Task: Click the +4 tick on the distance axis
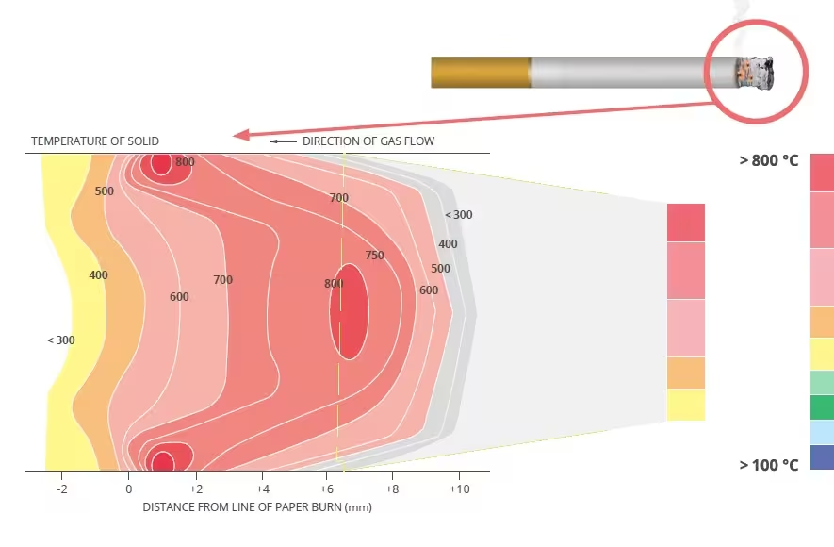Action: pos(262,489)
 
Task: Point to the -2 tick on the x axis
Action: pos(62,489)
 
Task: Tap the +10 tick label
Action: pos(459,489)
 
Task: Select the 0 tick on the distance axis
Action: pos(128,489)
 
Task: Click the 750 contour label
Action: pos(374,256)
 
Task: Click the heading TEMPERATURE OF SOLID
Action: pos(95,141)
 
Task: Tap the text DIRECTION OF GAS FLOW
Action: pos(368,141)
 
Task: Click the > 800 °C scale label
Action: pos(768,160)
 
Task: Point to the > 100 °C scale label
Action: pos(768,465)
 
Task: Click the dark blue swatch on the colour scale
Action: pos(822,457)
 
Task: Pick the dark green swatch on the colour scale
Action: pos(822,407)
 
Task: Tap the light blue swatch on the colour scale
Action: pos(822,432)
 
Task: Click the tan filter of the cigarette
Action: pos(481,73)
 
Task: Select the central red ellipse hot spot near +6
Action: pos(349,311)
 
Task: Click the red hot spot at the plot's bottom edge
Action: pos(163,459)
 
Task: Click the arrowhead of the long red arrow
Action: pos(241,135)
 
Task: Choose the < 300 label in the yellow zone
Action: pos(60,340)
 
